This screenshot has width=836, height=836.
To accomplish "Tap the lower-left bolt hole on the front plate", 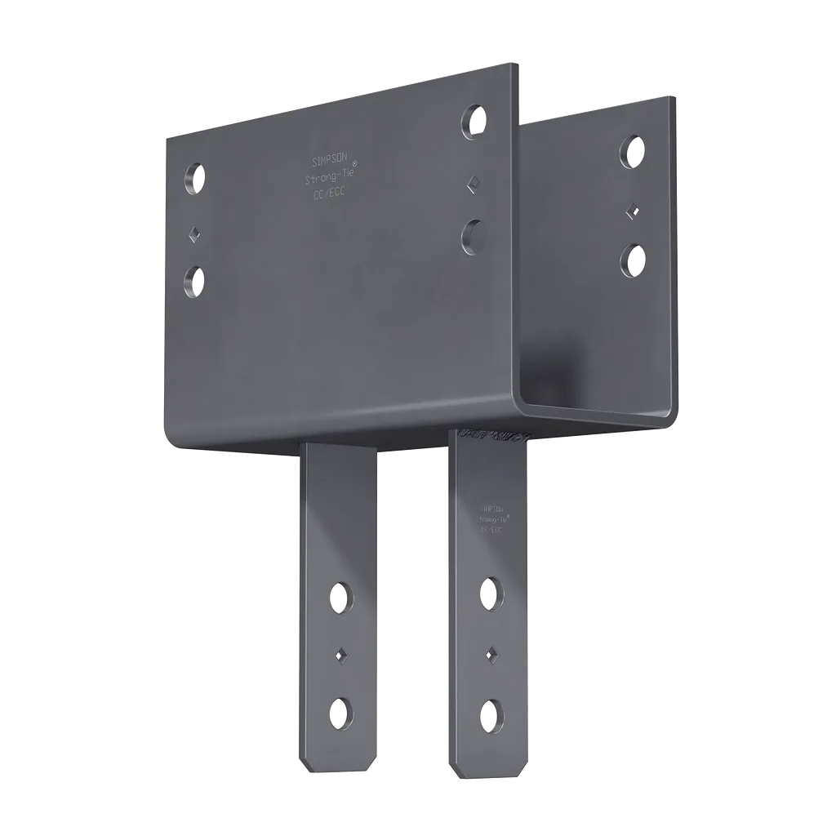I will (194, 281).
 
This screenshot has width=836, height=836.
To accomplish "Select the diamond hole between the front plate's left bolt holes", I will (194, 233).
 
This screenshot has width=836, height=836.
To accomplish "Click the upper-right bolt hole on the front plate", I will (474, 121).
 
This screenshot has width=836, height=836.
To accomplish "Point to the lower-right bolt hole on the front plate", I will (473, 235).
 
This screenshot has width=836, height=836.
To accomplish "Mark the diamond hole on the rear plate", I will (631, 208).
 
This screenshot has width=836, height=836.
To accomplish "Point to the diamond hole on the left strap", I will (340, 654).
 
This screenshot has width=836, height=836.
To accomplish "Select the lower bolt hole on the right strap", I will (490, 714).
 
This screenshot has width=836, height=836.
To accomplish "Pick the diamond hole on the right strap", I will (491, 652).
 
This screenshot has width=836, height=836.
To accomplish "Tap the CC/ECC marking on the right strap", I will (491, 529).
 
